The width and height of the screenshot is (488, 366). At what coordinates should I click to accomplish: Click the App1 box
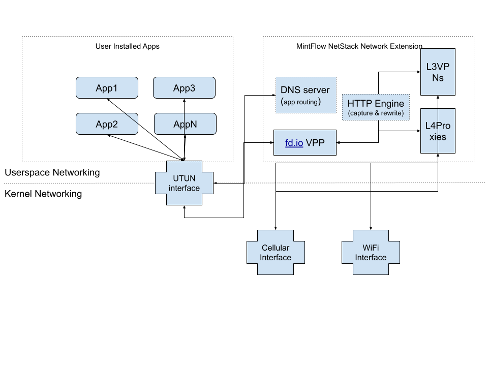point(107,88)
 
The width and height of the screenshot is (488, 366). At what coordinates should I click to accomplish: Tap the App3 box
point(184,88)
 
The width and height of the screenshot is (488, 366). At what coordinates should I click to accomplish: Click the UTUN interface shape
point(184,183)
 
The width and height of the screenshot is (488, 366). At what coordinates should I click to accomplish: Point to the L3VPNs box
point(438,72)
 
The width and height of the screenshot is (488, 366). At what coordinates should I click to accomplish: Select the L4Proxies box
point(438,131)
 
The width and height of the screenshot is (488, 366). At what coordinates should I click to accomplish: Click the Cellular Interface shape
point(276,253)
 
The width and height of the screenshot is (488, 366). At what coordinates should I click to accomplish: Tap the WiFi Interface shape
point(371,253)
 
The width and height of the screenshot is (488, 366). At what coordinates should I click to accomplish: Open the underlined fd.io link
point(294,143)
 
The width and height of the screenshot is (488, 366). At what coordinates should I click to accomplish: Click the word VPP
point(316,143)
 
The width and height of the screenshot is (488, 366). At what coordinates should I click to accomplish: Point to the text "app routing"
point(300,102)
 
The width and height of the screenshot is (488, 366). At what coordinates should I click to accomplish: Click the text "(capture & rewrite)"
point(376,113)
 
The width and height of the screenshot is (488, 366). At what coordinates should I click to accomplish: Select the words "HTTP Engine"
point(376,103)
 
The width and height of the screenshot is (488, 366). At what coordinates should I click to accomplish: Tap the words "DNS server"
point(305,90)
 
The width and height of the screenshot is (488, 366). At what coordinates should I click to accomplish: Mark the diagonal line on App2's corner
point(131,118)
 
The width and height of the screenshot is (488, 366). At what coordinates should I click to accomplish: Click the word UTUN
point(184,178)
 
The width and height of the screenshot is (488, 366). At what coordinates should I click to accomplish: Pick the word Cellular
point(276,248)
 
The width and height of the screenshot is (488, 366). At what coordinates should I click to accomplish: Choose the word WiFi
point(371,248)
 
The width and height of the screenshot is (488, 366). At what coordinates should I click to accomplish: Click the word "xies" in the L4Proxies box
point(438,137)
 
